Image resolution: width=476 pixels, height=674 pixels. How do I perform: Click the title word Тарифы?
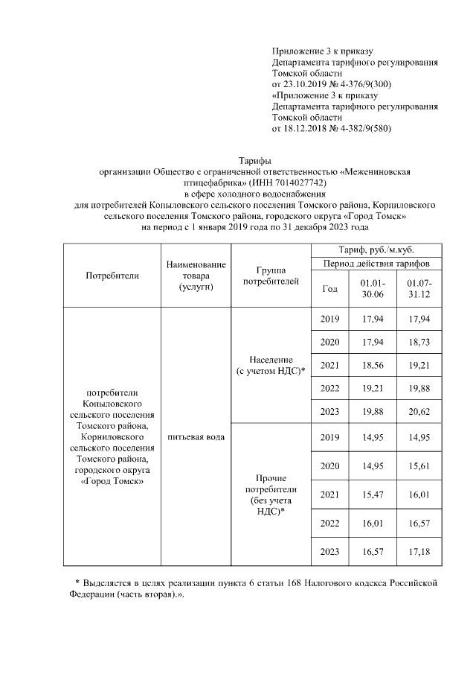(254, 161)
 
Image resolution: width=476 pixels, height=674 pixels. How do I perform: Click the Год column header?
(331, 289)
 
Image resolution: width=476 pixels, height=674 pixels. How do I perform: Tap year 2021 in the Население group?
(331, 365)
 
